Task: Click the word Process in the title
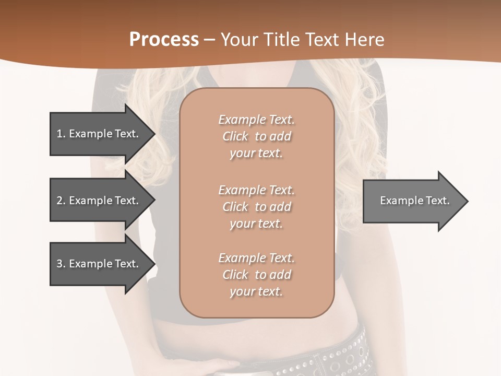(x=164, y=40)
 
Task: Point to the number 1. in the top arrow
(x=61, y=134)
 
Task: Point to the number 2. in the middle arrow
(x=61, y=201)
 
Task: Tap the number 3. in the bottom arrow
(x=61, y=264)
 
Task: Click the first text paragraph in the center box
(x=256, y=136)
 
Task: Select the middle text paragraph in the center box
(x=256, y=206)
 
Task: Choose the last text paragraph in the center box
(x=256, y=275)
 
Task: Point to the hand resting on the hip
(x=219, y=366)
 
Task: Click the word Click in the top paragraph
(x=235, y=136)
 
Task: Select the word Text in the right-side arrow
(x=437, y=201)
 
